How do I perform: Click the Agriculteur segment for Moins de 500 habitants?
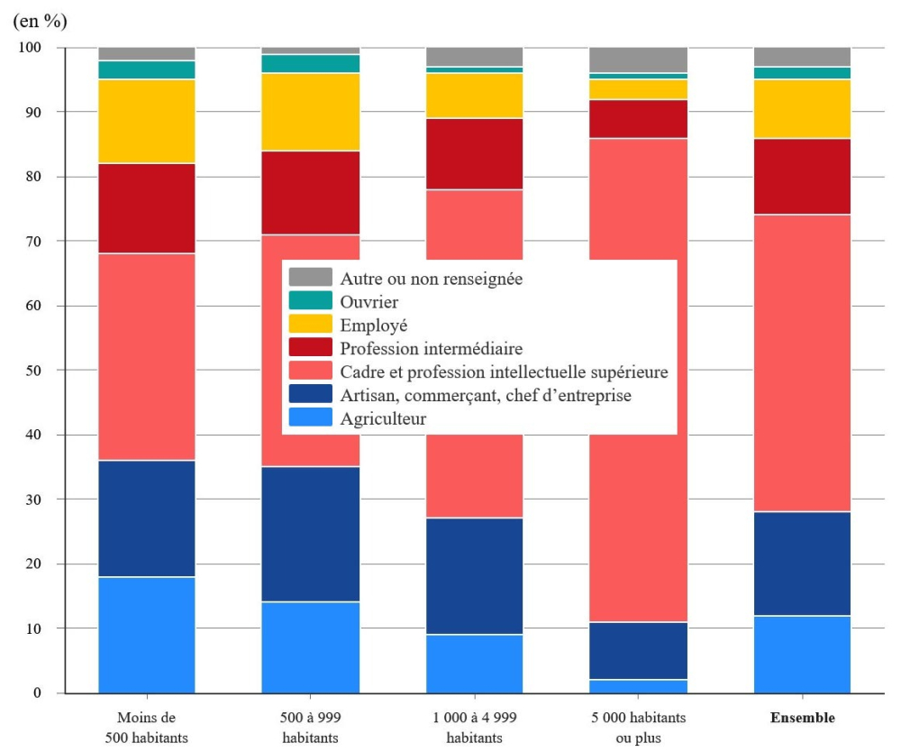pyautogui.click(x=147, y=635)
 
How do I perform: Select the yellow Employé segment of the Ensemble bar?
pyautogui.click(x=802, y=109)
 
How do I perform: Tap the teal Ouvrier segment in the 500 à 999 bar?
pyautogui.click(x=310, y=63)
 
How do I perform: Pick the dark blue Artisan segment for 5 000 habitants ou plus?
pyautogui.click(x=638, y=650)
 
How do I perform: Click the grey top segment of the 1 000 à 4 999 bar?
pyautogui.click(x=474, y=57)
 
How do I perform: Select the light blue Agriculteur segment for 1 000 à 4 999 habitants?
pyautogui.click(x=474, y=664)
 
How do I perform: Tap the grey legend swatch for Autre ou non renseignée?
pyautogui.click(x=312, y=279)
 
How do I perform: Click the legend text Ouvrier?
pyautogui.click(x=369, y=302)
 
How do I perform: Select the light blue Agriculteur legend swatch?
pyautogui.click(x=312, y=417)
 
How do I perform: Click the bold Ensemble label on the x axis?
pyautogui.click(x=802, y=719)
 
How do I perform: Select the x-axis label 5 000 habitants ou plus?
pyautogui.click(x=638, y=727)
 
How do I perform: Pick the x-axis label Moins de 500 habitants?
pyautogui.click(x=147, y=727)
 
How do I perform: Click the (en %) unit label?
pyautogui.click(x=40, y=20)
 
